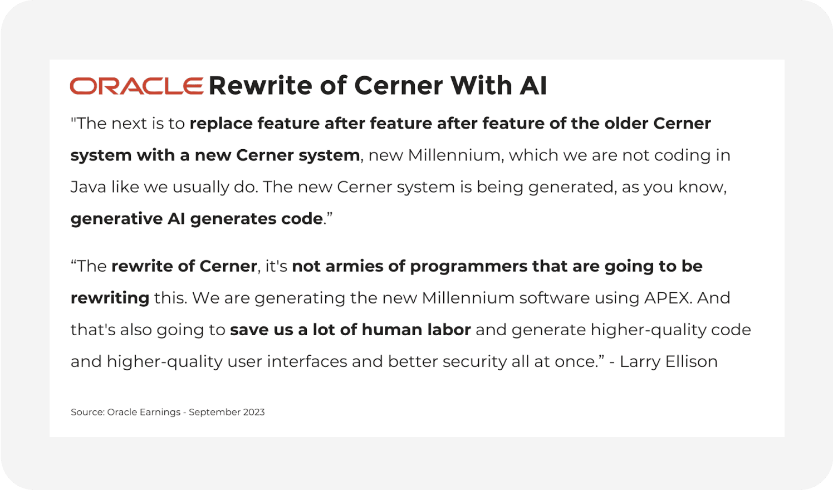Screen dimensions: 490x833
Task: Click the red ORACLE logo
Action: pyautogui.click(x=136, y=86)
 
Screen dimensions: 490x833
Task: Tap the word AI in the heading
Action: pyautogui.click(x=533, y=86)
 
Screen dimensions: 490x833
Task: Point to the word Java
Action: pyautogui.click(x=88, y=187)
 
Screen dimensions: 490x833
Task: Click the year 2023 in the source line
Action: pyautogui.click(x=254, y=412)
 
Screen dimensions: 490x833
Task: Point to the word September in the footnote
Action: pyautogui.click(x=214, y=412)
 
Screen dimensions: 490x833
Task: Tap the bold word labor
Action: pyautogui.click(x=449, y=330)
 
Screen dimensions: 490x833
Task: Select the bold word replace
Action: pyautogui.click(x=221, y=124)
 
